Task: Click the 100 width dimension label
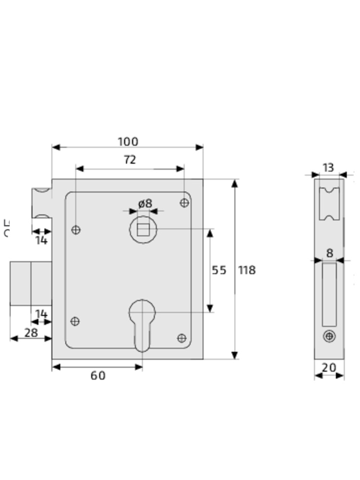(x=128, y=142)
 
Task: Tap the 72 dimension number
(x=130, y=160)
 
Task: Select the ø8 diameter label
(x=145, y=203)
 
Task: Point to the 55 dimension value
(x=219, y=270)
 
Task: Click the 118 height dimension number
(x=247, y=270)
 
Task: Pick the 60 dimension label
(x=98, y=376)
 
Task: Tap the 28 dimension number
(x=31, y=332)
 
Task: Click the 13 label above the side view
(x=328, y=168)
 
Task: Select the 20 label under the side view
(x=329, y=368)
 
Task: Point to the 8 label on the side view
(x=329, y=253)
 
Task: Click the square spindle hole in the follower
(x=143, y=229)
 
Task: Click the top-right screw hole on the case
(x=184, y=203)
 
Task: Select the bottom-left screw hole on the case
(x=75, y=321)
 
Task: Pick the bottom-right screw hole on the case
(x=181, y=338)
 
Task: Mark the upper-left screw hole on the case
(x=75, y=230)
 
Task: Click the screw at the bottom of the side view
(x=329, y=336)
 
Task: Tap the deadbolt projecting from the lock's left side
(x=31, y=283)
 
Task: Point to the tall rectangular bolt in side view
(x=329, y=294)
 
